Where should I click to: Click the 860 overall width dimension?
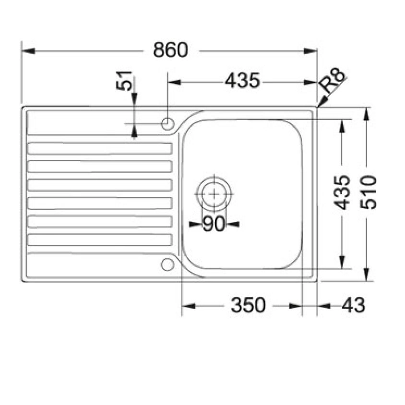coord(170,50)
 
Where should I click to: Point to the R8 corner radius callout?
coord(333,82)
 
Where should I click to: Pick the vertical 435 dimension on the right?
coord(342,192)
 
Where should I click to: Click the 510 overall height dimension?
coord(369,192)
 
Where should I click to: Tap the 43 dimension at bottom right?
coord(353,305)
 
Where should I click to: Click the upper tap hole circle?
coord(167,123)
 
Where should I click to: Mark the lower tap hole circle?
coord(167,264)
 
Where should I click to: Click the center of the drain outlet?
coord(214,194)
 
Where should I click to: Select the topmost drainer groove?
coord(100,148)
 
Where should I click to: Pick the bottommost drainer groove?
coord(100,240)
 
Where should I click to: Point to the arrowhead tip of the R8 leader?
coord(318,106)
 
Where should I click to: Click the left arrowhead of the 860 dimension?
coord(23,50)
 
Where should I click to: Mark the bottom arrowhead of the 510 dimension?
coord(368,279)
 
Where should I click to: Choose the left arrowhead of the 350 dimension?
coord(183,305)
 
